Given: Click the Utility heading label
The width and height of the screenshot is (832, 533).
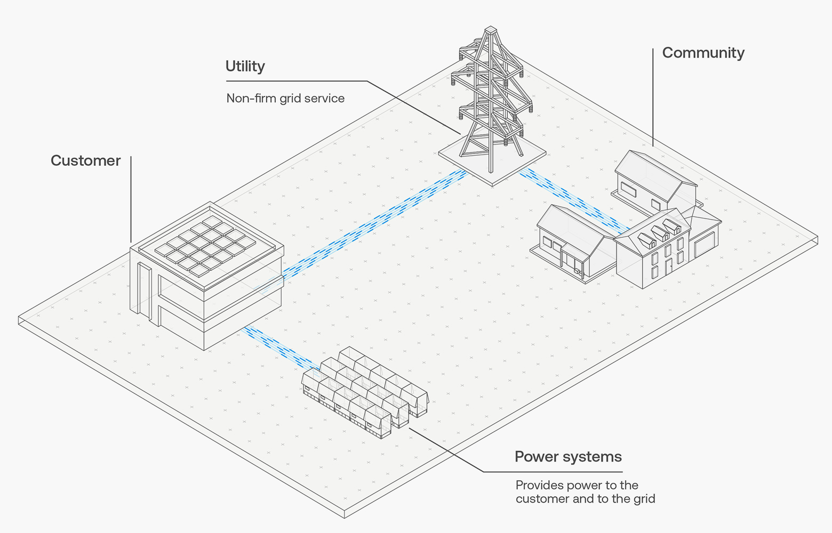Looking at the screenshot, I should [x=245, y=66].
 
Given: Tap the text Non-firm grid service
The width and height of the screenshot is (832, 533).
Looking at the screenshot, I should [x=285, y=98].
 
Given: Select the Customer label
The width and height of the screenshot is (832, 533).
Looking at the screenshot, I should [x=85, y=160].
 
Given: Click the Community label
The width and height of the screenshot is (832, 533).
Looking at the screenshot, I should [x=703, y=53].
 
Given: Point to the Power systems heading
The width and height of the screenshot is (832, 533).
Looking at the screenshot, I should [x=568, y=457].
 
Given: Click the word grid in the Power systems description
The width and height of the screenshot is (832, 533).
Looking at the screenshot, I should [x=644, y=499].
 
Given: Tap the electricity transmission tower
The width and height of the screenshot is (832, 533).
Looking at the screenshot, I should [x=491, y=96].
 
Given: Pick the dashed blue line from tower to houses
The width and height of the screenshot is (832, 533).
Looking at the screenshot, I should [x=571, y=200].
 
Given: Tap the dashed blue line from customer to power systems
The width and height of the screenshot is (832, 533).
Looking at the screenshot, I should [x=277, y=346].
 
